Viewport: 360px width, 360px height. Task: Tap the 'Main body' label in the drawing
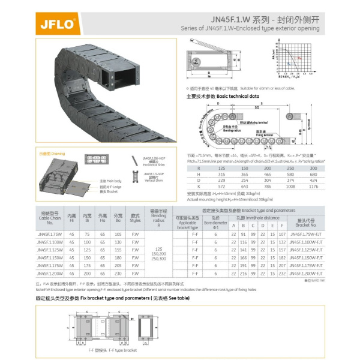coord(110,180)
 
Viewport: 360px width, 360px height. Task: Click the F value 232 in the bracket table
coord(282,272)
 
